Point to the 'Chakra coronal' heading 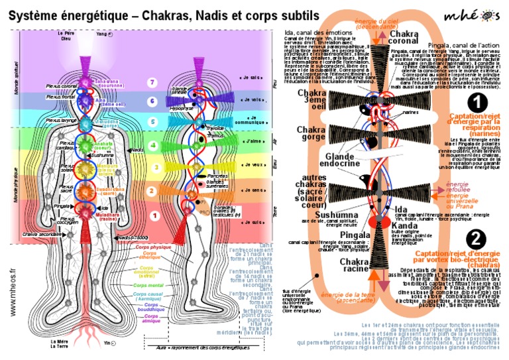(403, 38)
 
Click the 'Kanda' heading (404, 225)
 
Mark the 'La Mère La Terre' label (60, 345)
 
